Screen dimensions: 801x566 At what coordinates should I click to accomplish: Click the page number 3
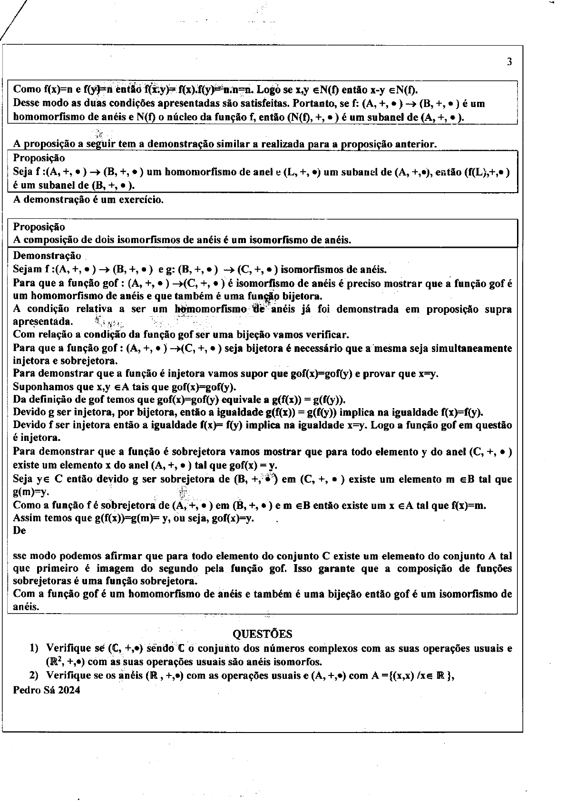point(509,62)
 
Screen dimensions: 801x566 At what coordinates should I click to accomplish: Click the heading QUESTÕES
point(263,634)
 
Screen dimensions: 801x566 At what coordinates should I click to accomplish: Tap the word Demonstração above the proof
point(47,256)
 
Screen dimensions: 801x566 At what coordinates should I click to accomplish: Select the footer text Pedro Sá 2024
point(47,690)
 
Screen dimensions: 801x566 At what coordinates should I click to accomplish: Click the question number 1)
point(34,648)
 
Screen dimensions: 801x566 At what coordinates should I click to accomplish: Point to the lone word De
point(20,530)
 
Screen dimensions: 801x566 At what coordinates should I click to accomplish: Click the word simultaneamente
point(472,348)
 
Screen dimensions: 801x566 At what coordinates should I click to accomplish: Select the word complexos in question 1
point(325,648)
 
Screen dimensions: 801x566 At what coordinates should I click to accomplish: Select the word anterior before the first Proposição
point(414,144)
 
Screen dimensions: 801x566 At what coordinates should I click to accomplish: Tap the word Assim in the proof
point(26,518)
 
